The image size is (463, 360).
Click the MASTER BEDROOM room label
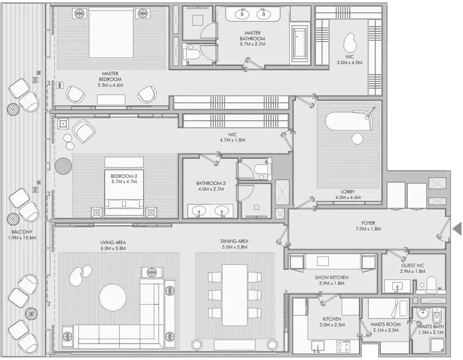[110, 76]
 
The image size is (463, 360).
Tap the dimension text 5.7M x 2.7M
[252, 44]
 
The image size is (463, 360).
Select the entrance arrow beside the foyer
[457, 229]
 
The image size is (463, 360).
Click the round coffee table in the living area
[113, 297]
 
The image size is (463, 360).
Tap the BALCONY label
[22, 232]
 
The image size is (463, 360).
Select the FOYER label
[368, 223]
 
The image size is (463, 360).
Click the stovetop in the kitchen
[343, 346]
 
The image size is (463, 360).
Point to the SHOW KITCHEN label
[332, 278]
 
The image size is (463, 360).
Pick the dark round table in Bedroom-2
[63, 166]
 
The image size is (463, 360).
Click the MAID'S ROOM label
[386, 324]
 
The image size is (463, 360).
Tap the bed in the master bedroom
[111, 33]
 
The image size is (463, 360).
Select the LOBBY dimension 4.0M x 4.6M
[348, 198]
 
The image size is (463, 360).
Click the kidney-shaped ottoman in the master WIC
[350, 43]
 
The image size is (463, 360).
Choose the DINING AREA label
[235, 241]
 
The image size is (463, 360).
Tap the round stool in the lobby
[357, 138]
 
